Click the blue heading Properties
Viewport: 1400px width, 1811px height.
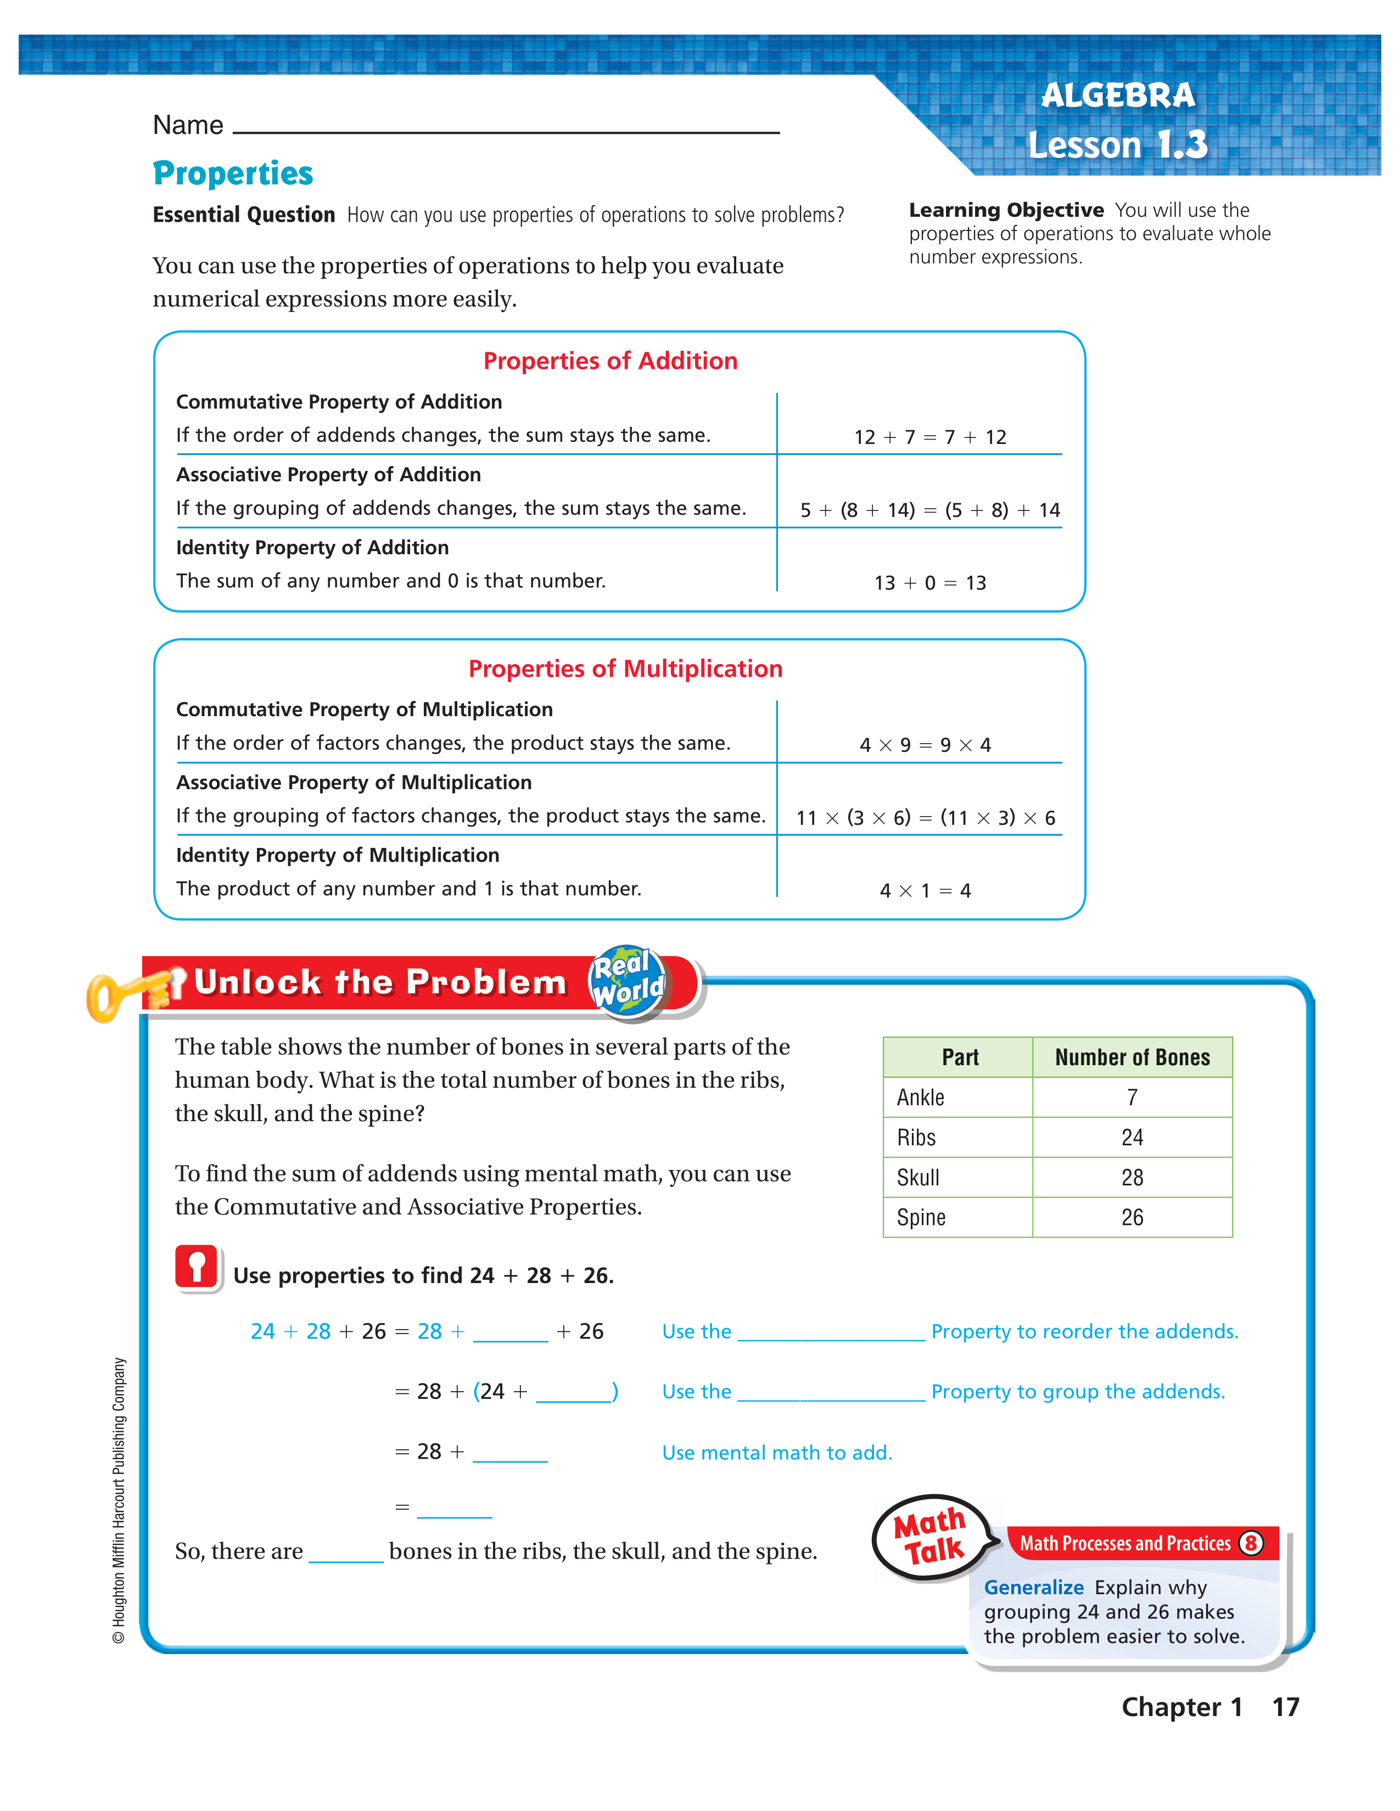pos(233,173)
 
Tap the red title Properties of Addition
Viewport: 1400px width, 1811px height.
pos(611,361)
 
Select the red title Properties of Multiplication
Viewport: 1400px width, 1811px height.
pos(625,668)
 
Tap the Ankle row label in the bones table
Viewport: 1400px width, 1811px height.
pos(921,1097)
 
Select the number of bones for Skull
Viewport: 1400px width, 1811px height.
pos(1132,1178)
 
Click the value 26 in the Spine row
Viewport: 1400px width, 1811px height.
pos(1132,1217)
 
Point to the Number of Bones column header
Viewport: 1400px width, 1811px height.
pos(1132,1058)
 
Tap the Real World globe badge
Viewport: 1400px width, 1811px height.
pos(628,980)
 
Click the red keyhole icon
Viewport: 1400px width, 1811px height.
pos(197,1267)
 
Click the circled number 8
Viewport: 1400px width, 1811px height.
pos(1251,1543)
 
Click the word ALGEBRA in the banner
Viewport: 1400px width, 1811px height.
pos(1118,95)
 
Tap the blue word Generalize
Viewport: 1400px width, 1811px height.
pos(1033,1587)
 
